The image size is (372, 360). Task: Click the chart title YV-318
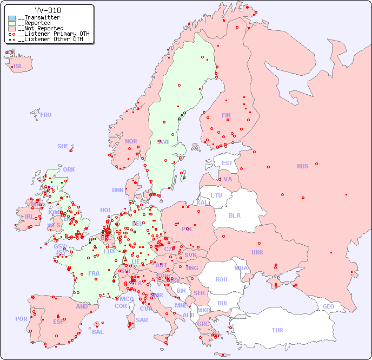pyautogui.click(x=48, y=10)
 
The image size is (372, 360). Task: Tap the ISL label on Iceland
pyautogui.click(x=18, y=67)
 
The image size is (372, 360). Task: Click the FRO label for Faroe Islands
pyautogui.click(x=46, y=115)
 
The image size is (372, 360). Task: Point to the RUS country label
pyautogui.click(x=302, y=166)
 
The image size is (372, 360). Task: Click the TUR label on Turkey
pyautogui.click(x=277, y=330)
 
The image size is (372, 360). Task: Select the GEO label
pyautogui.click(x=328, y=306)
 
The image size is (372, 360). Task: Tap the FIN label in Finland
pyautogui.click(x=226, y=115)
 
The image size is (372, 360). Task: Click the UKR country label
pyautogui.click(x=257, y=252)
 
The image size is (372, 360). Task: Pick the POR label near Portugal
pyautogui.click(x=21, y=319)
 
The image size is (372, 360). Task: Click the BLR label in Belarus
pyautogui.click(x=234, y=215)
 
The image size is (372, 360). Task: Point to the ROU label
pyautogui.click(x=221, y=279)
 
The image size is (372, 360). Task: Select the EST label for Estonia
pyautogui.click(x=227, y=163)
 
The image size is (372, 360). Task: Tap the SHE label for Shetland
pyautogui.click(x=63, y=146)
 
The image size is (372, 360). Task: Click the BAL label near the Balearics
pyautogui.click(x=98, y=332)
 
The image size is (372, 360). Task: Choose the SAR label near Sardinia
pyautogui.click(x=142, y=320)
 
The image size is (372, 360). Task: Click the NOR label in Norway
pyautogui.click(x=131, y=141)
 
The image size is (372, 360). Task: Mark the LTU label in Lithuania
pyautogui.click(x=216, y=195)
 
